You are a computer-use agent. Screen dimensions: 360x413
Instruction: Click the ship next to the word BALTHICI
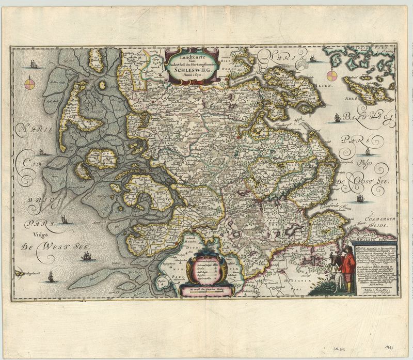click(337, 117)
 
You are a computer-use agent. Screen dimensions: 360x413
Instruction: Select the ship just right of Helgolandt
click(51, 277)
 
